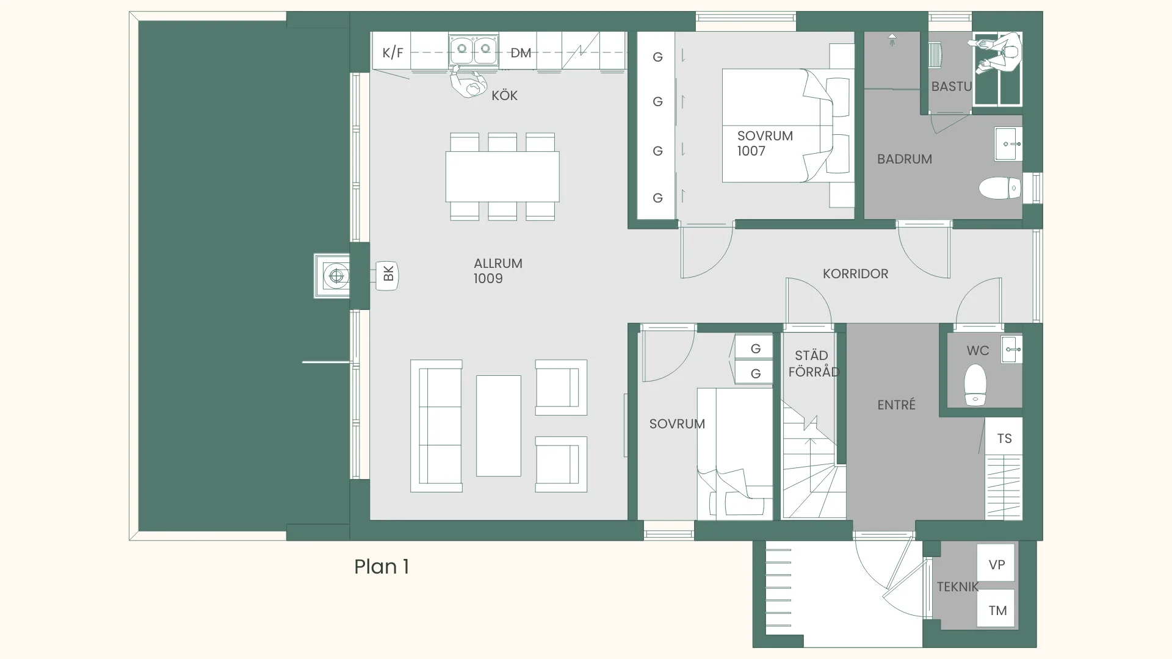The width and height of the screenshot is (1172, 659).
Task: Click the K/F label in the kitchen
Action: click(392, 52)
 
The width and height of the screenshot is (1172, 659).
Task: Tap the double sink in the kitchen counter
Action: click(474, 49)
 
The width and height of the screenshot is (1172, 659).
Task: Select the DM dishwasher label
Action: click(521, 53)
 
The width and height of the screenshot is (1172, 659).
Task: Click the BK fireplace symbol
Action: click(387, 276)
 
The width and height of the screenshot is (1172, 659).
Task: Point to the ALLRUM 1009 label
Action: click(497, 271)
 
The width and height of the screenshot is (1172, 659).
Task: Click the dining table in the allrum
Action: click(502, 177)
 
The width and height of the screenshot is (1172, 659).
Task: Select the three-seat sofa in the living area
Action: click(436, 426)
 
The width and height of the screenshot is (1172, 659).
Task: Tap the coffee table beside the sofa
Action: click(498, 426)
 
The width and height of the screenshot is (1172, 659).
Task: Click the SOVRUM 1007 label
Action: click(765, 143)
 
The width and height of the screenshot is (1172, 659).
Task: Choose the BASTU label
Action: click(951, 87)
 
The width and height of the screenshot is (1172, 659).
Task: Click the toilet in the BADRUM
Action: click(1000, 188)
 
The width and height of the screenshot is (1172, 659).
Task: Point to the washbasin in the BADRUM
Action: click(1008, 144)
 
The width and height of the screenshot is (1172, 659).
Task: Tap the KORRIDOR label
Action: click(855, 274)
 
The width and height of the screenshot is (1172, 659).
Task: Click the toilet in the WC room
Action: click(975, 384)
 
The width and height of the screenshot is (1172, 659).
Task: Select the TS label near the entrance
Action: click(1004, 439)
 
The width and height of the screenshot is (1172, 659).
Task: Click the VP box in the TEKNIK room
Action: click(996, 564)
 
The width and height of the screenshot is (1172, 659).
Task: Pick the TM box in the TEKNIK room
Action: click(996, 609)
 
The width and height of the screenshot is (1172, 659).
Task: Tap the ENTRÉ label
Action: click(896, 405)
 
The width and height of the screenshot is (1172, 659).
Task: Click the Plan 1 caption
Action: click(382, 567)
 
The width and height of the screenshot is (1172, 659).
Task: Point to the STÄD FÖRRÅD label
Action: click(813, 364)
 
